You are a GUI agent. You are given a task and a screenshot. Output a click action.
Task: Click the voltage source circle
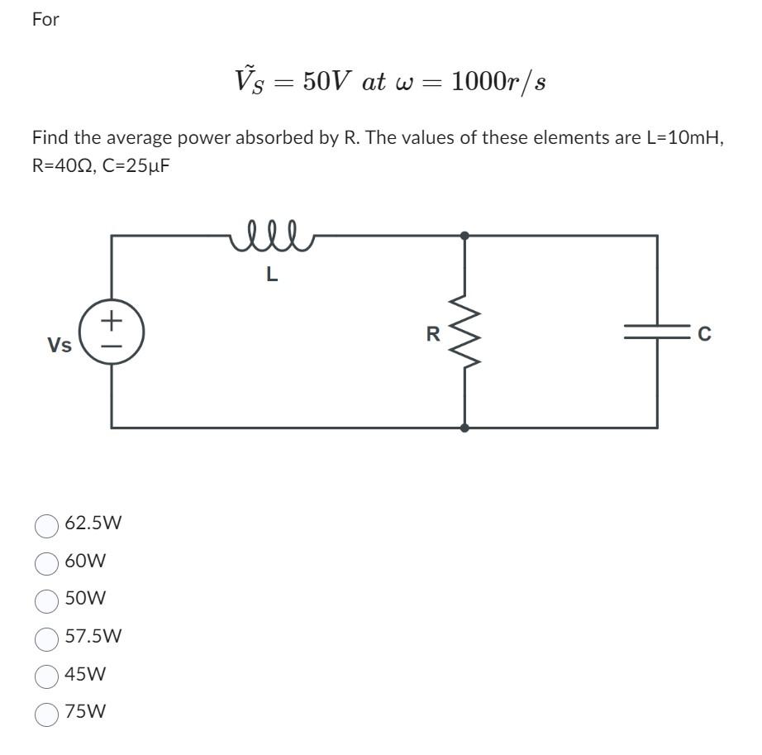(x=112, y=332)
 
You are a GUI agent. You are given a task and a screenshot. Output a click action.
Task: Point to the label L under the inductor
(x=272, y=275)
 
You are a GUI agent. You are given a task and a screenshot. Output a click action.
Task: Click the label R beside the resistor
(x=432, y=334)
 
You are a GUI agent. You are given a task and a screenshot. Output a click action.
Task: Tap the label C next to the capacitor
(x=703, y=334)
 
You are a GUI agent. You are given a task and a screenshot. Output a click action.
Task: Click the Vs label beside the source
(x=59, y=345)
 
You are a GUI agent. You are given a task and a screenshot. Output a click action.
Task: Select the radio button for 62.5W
(x=46, y=524)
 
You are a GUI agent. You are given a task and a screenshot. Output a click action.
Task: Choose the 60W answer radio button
(x=46, y=562)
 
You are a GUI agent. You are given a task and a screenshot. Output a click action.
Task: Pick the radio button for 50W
(x=46, y=600)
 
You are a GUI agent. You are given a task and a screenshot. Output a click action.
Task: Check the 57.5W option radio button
(x=46, y=638)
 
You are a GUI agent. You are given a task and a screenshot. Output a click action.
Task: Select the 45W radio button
(x=46, y=675)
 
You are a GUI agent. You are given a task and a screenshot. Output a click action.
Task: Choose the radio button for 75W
(x=46, y=713)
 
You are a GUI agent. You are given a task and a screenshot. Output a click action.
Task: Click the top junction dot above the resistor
(x=464, y=236)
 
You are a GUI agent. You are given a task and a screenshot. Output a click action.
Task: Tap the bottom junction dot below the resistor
(x=464, y=428)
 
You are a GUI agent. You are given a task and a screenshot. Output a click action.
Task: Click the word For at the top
(x=45, y=20)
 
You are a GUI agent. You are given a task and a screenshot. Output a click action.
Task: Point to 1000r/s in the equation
(x=498, y=82)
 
